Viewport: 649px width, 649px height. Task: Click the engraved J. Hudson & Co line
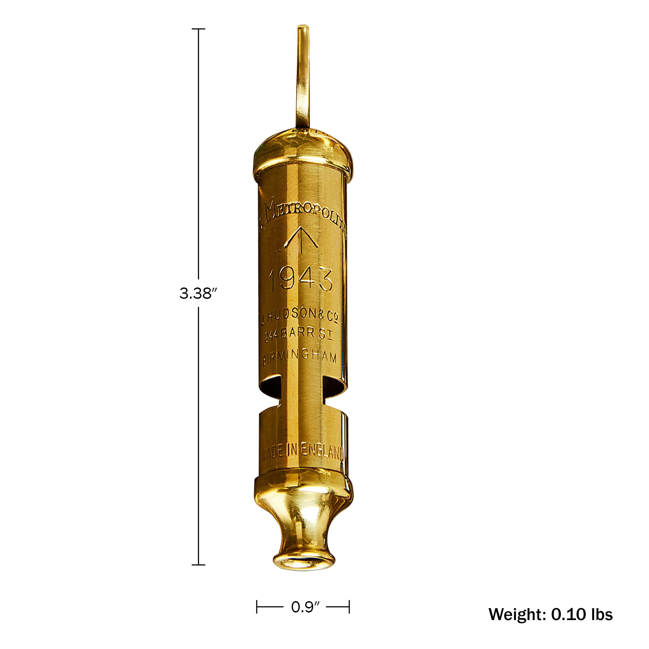[x=299, y=316]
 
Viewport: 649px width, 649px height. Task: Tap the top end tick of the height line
[x=198, y=29]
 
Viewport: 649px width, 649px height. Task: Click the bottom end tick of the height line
[x=198, y=565]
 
